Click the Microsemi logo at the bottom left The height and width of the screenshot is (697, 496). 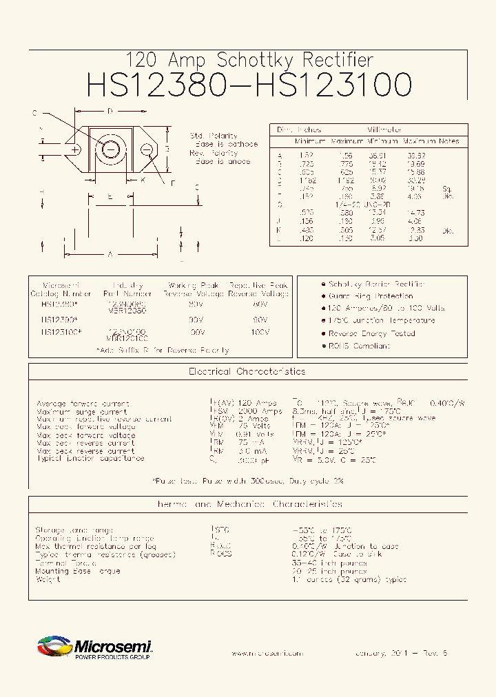coord(94,648)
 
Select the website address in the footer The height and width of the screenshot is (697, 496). coord(267,653)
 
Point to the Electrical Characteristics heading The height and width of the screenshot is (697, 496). coord(247,371)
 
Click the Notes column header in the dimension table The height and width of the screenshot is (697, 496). coord(449,141)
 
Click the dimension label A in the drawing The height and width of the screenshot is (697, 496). coord(110,254)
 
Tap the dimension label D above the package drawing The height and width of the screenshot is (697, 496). coord(110,112)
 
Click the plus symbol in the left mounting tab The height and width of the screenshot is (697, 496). coord(74,149)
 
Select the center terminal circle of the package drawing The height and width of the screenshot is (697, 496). coord(110,149)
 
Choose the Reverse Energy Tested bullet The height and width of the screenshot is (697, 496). coord(371,333)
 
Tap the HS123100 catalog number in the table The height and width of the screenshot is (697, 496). coord(61,332)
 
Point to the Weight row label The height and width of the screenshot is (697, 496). coord(48,579)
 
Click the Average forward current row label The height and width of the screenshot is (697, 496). coord(82,403)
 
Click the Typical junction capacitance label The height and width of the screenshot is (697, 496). coord(90,458)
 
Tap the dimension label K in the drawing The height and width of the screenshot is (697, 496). coord(143,180)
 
